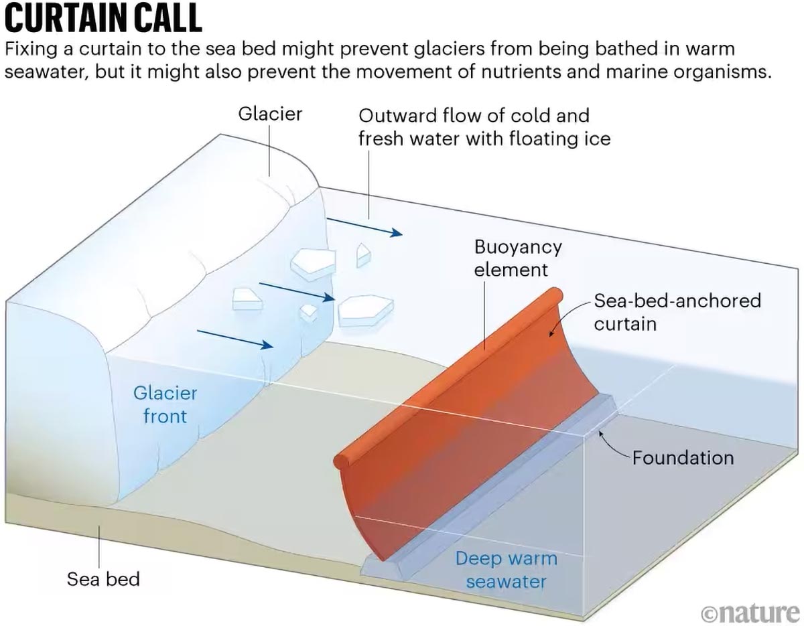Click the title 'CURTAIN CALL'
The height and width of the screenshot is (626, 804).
[x=103, y=18]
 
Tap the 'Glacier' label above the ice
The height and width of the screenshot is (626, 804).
[x=270, y=114]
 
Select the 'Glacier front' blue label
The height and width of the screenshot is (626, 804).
[x=165, y=404]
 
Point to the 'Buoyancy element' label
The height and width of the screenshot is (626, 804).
[x=517, y=258]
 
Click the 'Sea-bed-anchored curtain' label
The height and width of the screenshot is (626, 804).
[x=677, y=311]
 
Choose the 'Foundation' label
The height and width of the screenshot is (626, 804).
[x=683, y=458]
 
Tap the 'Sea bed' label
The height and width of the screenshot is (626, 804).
[x=103, y=578]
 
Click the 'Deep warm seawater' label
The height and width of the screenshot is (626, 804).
[x=506, y=569]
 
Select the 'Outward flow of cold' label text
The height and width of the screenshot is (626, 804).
[x=474, y=115]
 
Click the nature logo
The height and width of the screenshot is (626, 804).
[x=750, y=612]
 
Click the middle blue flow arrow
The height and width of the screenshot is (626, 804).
[x=296, y=291]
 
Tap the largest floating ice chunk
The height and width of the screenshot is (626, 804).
[x=365, y=309]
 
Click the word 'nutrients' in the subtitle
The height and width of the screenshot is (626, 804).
[x=520, y=72]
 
